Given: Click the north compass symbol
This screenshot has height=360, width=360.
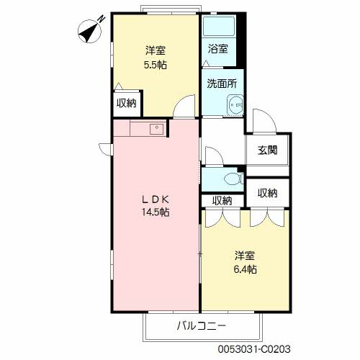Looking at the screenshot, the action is click(x=90, y=31).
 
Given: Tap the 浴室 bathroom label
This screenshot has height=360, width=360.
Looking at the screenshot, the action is click(x=218, y=49).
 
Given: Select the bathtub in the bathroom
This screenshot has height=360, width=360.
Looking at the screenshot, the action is click(x=219, y=26).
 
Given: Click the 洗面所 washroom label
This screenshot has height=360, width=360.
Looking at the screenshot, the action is click(x=222, y=84).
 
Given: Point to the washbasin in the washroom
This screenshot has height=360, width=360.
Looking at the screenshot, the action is click(x=235, y=104).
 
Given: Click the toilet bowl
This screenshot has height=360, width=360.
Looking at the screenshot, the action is click(x=233, y=179).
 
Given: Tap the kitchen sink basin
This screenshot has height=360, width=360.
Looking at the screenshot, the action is click(x=156, y=129).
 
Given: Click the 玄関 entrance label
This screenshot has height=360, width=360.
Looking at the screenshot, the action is click(x=267, y=150).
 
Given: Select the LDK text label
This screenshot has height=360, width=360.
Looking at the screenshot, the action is click(x=156, y=199).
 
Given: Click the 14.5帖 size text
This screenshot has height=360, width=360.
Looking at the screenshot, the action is click(x=156, y=212).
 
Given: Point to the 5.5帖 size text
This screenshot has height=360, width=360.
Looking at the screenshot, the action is click(x=156, y=65).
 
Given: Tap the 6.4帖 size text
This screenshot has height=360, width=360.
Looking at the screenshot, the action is click(x=245, y=269).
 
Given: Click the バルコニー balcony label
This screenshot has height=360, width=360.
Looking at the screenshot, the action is click(x=202, y=325).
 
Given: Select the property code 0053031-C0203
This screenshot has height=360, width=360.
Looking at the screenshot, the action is click(x=254, y=349).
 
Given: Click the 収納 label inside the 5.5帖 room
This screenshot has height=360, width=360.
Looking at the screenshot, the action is click(x=127, y=103).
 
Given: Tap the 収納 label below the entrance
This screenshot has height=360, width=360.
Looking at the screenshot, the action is click(x=268, y=193).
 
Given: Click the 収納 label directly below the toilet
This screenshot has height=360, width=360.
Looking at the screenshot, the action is click(x=222, y=201).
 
